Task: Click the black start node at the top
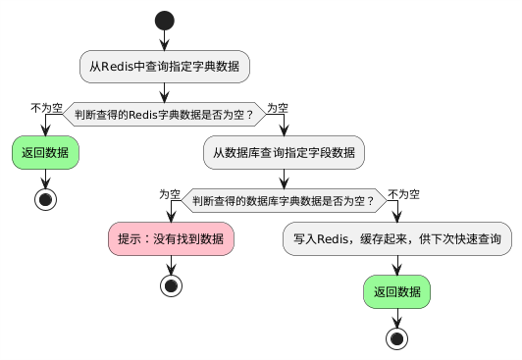[x=165, y=20]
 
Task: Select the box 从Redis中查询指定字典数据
[x=165, y=67]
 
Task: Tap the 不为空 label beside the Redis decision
[x=47, y=107]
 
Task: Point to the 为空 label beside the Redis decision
[x=278, y=107]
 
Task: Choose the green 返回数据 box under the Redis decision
[x=45, y=153]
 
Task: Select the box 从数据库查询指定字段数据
[x=285, y=153]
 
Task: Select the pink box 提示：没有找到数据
[x=172, y=239]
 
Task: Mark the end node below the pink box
[x=172, y=286]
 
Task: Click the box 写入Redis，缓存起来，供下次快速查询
[x=397, y=239]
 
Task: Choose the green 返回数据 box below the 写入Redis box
[x=397, y=290]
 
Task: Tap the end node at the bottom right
[x=397, y=337]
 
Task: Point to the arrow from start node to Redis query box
[x=165, y=40]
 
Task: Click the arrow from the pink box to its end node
[x=172, y=265]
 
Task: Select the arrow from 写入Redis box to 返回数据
[x=397, y=265]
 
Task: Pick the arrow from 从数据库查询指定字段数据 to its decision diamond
[x=285, y=178]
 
